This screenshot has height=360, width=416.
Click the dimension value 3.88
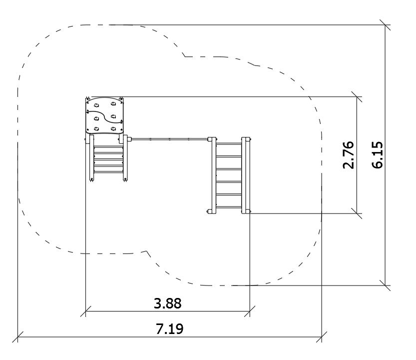(x=168, y=303)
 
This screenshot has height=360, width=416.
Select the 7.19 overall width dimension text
(x=169, y=329)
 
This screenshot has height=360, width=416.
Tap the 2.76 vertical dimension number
(x=349, y=155)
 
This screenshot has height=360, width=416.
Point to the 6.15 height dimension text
(x=377, y=155)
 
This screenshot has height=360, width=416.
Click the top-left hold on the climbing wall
(x=96, y=105)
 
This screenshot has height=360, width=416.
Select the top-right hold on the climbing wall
(x=113, y=103)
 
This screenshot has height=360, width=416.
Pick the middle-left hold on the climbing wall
(x=96, y=118)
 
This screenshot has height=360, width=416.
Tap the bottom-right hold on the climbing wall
(x=113, y=129)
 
